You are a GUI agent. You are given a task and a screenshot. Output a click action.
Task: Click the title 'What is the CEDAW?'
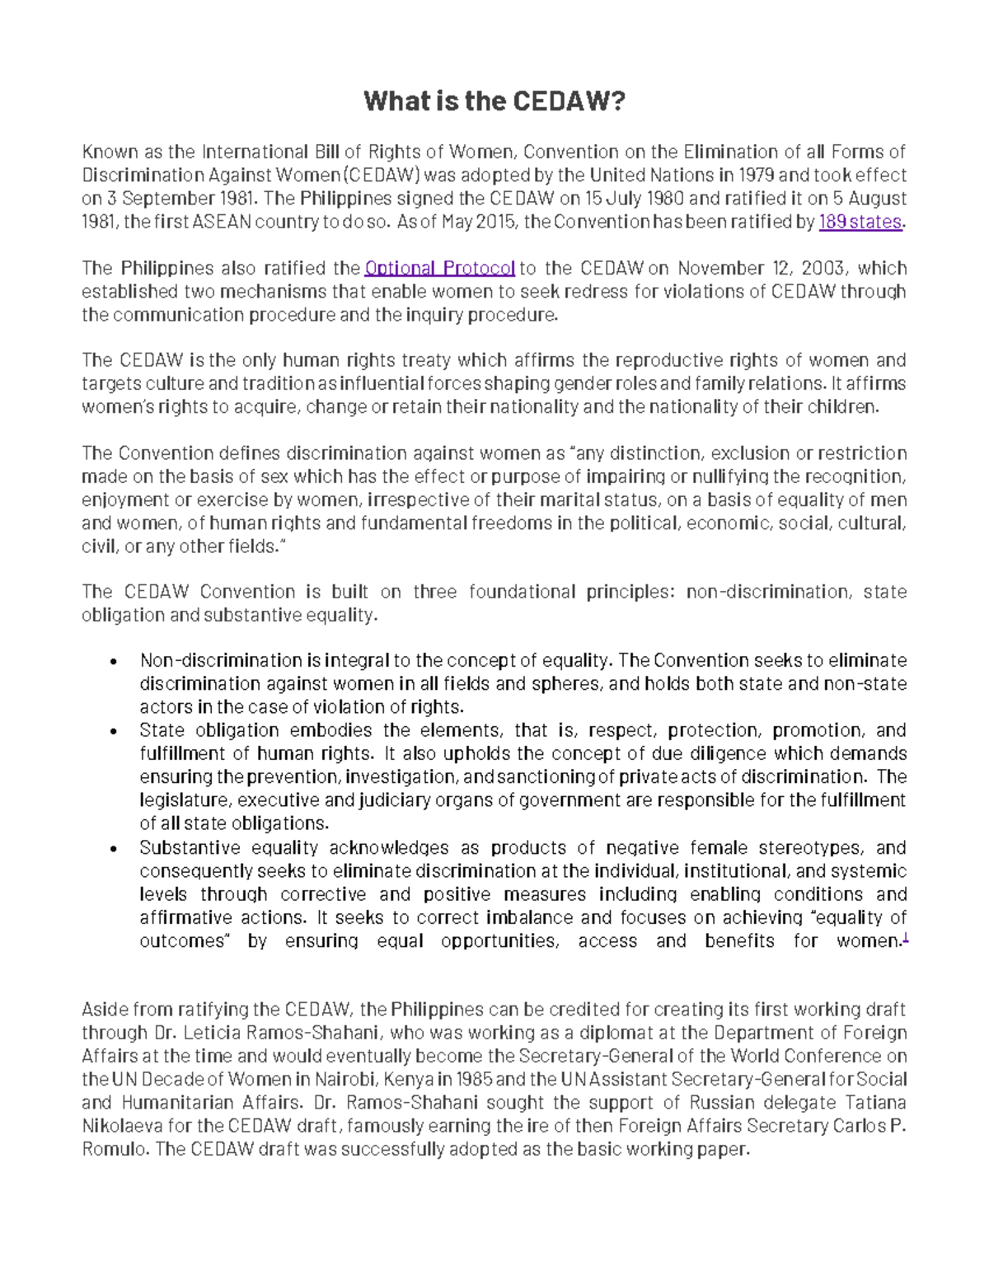click(494, 101)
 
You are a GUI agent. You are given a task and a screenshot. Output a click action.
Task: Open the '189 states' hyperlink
click(860, 222)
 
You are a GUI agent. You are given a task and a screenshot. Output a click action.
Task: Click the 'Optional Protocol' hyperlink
click(439, 268)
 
